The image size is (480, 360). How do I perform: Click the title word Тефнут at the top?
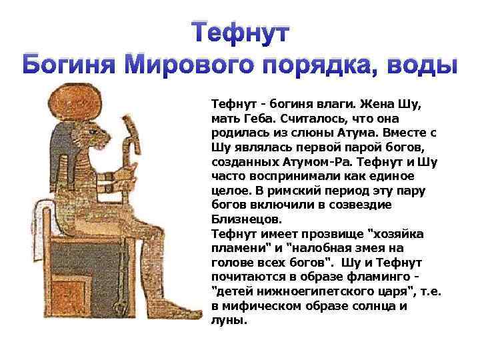click(x=241, y=32)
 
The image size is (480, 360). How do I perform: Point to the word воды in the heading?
click(x=424, y=67)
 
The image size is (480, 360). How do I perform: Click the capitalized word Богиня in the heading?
click(x=71, y=67)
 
